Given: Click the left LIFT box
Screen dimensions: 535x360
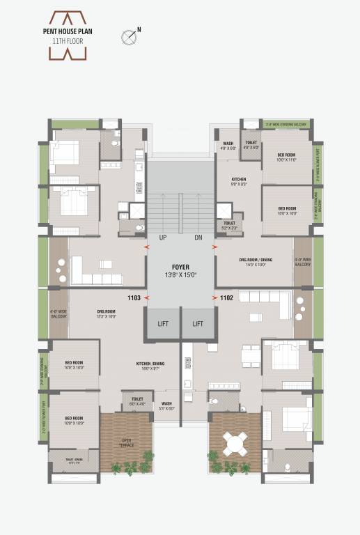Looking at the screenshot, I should (162, 323).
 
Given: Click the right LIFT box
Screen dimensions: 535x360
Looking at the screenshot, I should (198, 323).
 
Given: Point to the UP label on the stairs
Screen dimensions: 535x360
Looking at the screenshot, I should (162, 238).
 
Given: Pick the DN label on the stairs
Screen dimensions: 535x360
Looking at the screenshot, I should (198, 238).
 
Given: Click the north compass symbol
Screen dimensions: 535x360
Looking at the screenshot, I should (129, 35).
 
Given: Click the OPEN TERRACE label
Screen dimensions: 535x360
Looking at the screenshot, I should (126, 442).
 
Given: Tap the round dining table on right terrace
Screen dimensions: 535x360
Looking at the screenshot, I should (235, 442).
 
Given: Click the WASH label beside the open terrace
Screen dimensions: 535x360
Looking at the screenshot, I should (166, 405).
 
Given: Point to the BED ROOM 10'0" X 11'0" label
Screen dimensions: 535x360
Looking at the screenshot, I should (287, 157).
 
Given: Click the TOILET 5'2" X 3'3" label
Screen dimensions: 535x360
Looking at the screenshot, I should (230, 225).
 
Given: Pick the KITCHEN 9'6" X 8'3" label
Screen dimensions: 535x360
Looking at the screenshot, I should (239, 182).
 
